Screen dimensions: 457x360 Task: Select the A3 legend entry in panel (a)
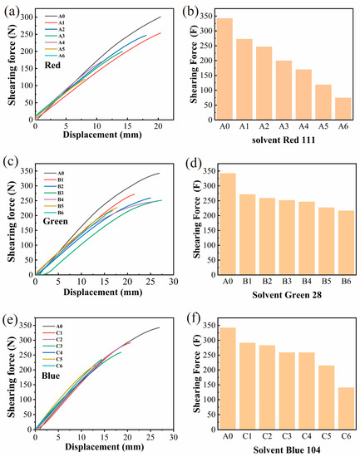tap(72, 37)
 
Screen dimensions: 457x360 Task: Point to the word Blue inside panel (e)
tap(53, 374)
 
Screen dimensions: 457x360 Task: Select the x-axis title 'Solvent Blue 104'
tap(284, 446)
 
